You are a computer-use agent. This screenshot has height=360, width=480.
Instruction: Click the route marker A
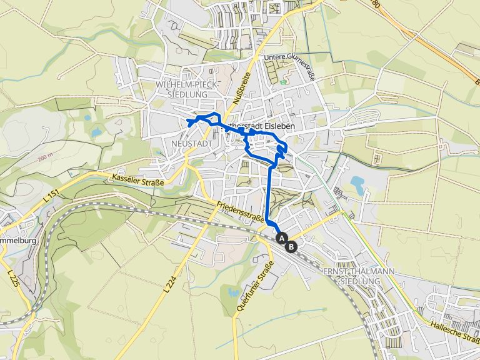pyautogui.click(x=281, y=238)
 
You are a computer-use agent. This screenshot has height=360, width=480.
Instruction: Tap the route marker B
pyautogui.click(x=291, y=246)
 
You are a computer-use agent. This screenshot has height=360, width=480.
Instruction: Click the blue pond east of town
pyautogui.click(x=357, y=183)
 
